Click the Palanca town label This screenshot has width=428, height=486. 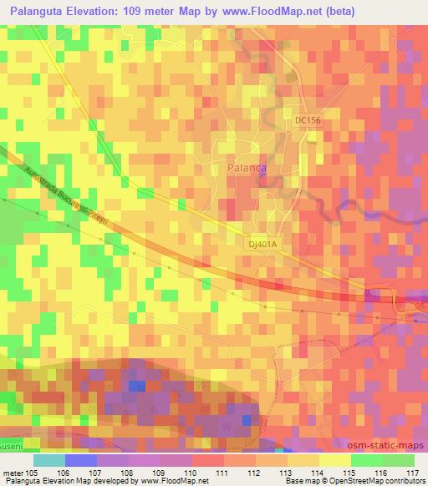pos(247,168)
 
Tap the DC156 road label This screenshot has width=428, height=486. pos(308,120)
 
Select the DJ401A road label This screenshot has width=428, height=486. pos(262,244)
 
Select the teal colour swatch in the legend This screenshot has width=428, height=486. pos(48,459)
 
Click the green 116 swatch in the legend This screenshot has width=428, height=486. pos(366,459)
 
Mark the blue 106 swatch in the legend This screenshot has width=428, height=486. pos(80,459)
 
